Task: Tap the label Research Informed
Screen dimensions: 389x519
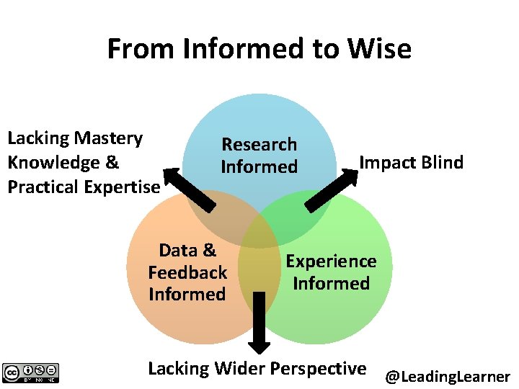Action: pos(259,156)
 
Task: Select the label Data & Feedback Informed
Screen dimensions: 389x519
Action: pos(187,272)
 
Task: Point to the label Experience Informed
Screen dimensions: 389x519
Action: pos(331,272)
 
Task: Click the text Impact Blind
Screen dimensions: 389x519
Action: pos(411,163)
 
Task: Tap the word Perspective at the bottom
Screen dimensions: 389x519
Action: pos(320,369)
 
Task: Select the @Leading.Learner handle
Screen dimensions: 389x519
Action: pos(448,376)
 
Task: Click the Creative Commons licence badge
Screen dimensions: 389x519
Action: pos(31,372)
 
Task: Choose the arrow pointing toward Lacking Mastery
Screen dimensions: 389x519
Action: pos(188,189)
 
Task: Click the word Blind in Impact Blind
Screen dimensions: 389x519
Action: pos(442,163)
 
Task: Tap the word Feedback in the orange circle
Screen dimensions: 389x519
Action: pos(187,272)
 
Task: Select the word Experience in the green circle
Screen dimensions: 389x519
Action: pos(331,261)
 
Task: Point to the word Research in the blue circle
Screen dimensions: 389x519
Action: pos(259,145)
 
